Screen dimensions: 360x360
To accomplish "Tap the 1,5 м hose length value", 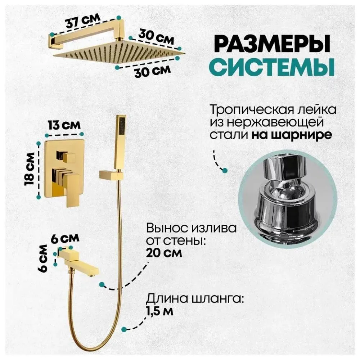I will (160, 310).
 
